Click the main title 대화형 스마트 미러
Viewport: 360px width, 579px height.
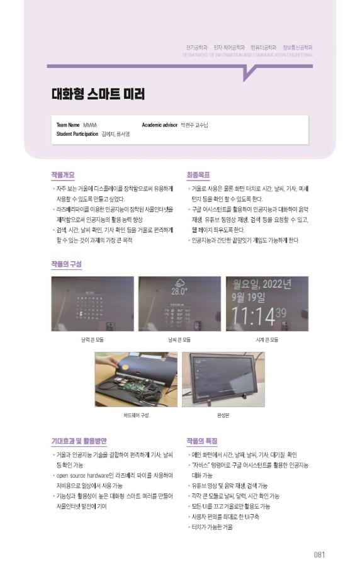(x=98, y=94)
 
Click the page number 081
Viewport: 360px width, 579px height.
(x=319, y=554)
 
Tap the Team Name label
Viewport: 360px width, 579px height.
(x=67, y=125)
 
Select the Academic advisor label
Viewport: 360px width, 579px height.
(x=160, y=125)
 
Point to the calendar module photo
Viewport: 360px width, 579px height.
(x=93, y=303)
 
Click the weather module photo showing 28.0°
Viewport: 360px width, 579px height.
(x=179, y=303)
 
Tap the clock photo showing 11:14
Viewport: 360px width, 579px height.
(x=267, y=303)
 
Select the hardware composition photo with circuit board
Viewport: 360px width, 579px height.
(x=136, y=379)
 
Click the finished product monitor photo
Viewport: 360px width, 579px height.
(x=223, y=379)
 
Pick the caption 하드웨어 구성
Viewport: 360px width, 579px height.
(x=136, y=415)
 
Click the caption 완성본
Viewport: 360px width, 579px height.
(x=223, y=415)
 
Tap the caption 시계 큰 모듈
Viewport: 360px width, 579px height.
(x=267, y=340)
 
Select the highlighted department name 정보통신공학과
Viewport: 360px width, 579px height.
(x=298, y=47)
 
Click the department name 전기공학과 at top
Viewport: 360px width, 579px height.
(x=196, y=47)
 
